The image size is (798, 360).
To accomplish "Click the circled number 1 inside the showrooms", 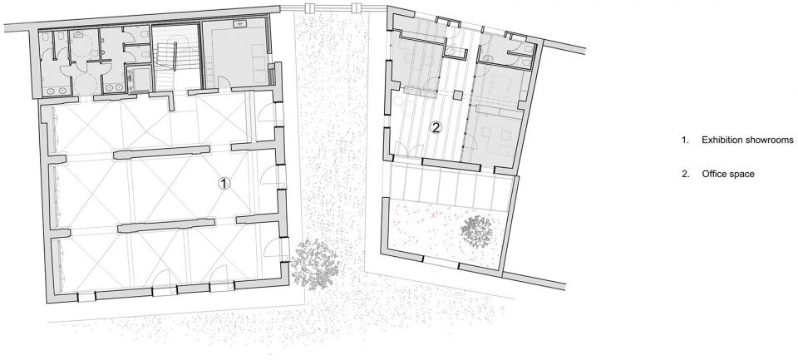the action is [x=224, y=184].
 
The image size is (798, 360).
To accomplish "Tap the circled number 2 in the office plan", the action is [x=435, y=127].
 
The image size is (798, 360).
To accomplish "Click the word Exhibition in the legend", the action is [x=721, y=140].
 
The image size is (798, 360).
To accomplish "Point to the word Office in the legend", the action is [x=712, y=174].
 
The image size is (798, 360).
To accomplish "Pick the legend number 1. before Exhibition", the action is [x=685, y=140].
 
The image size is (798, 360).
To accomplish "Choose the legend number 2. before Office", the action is [x=685, y=174].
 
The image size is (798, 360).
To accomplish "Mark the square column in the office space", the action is [x=458, y=95].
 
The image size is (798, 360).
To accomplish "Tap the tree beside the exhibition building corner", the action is [x=315, y=263].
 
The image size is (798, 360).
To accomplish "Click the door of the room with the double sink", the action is [x=224, y=82].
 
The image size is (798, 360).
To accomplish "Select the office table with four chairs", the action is [x=500, y=85].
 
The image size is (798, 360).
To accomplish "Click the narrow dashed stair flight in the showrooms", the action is [x=249, y=116].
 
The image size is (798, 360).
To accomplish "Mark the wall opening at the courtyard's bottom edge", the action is [x=441, y=262].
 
